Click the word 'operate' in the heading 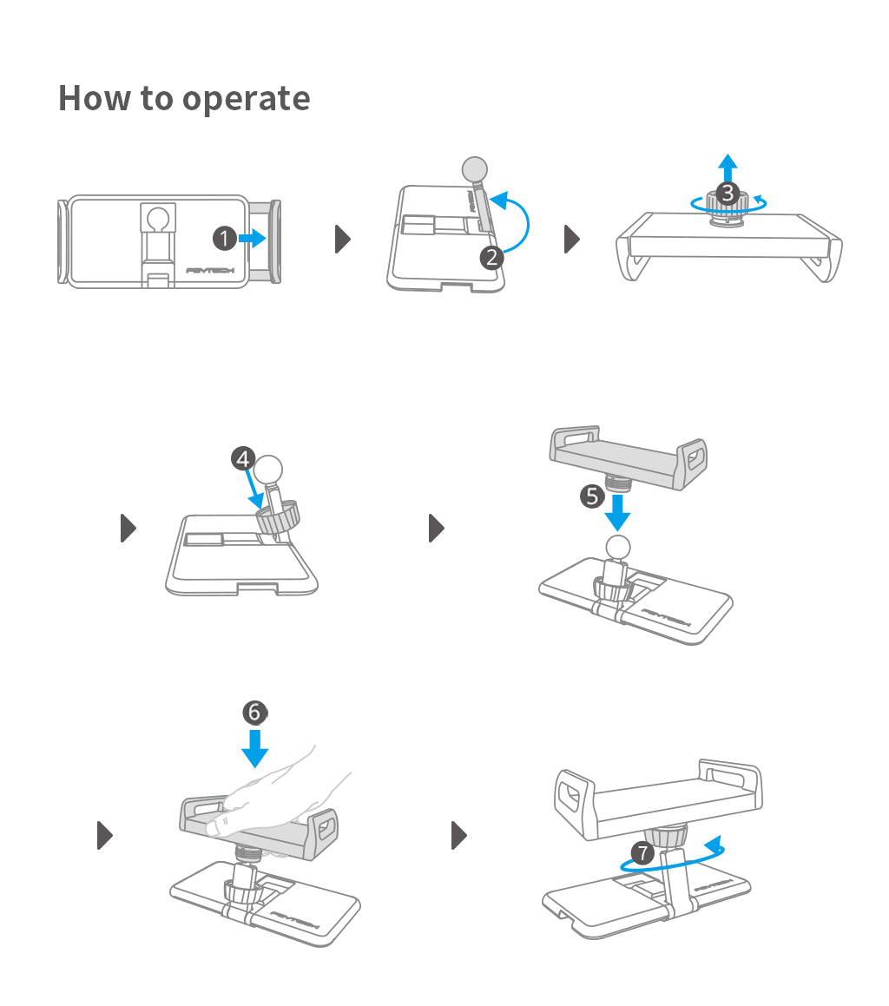[x=247, y=99]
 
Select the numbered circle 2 [x=492, y=257]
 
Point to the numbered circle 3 [x=728, y=194]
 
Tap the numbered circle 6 [x=254, y=712]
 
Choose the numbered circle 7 [x=642, y=852]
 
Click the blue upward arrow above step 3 [x=728, y=168]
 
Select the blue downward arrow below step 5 [x=617, y=514]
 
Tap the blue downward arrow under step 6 [x=254, y=747]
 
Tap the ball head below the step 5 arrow [x=617, y=547]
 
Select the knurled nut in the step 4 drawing [x=279, y=518]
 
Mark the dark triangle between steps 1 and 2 [x=343, y=239]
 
